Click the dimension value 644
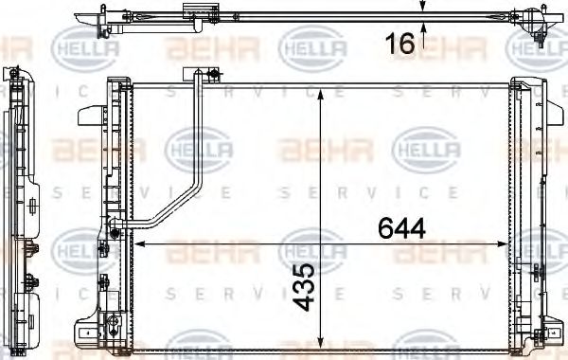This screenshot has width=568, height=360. (x=400, y=228)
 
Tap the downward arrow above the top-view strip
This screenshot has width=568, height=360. (x=423, y=7)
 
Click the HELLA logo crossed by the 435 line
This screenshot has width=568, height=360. (x=312, y=251)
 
